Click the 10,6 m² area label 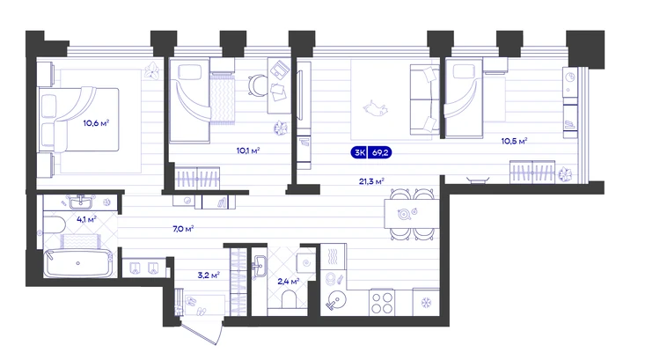[96, 123]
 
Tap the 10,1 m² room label [248, 151]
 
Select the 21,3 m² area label [371, 181]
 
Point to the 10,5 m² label [514, 141]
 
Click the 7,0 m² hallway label [183, 229]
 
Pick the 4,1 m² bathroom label [86, 219]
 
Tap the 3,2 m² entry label [209, 276]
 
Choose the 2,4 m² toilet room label [289, 282]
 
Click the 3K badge [359, 152]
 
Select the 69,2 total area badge [380, 152]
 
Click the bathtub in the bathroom [78, 263]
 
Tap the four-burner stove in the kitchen [382, 303]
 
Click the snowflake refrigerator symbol [427, 302]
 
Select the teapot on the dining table [405, 214]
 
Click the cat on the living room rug [376, 108]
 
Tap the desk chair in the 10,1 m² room [257, 85]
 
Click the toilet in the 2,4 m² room [289, 300]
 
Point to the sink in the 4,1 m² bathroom [80, 203]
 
